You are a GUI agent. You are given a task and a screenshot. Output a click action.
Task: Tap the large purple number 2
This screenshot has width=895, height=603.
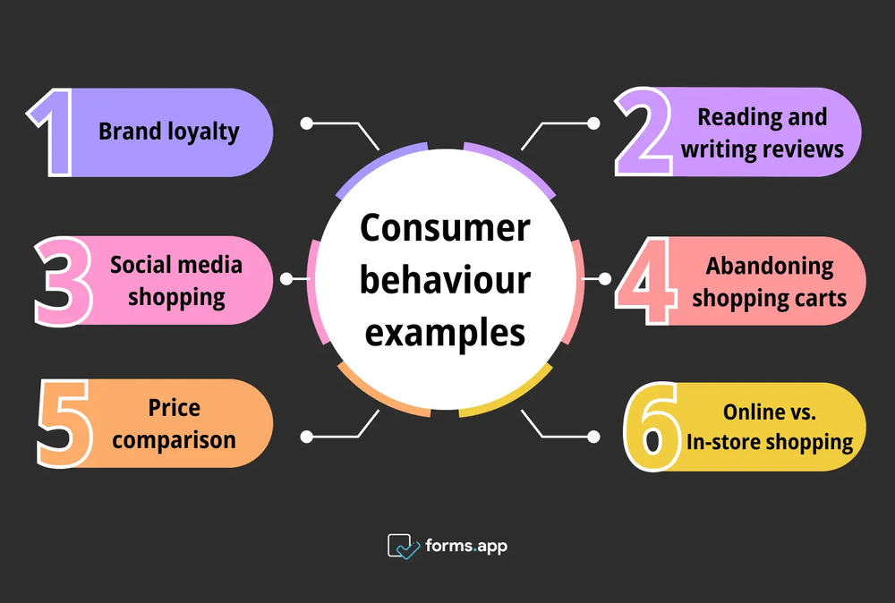tap(646, 132)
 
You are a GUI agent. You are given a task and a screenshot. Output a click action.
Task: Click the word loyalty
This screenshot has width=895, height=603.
tap(203, 132)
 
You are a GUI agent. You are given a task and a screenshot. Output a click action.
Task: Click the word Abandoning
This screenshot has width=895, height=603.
tap(769, 266)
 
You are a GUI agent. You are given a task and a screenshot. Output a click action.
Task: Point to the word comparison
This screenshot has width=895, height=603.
tap(175, 439)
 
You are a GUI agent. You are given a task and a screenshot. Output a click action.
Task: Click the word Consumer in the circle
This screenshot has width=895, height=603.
tap(444, 229)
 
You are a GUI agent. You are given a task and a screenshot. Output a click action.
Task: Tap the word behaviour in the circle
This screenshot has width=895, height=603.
tap(444, 280)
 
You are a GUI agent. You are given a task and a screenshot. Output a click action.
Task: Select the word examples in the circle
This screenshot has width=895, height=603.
tap(444, 332)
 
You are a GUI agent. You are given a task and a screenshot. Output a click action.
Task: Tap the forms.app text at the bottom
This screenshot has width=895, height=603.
tap(465, 545)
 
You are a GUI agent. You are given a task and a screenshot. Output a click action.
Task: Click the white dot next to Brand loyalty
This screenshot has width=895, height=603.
tap(306, 123)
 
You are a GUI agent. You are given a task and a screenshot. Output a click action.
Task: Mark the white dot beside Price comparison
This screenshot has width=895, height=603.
tap(306, 437)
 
